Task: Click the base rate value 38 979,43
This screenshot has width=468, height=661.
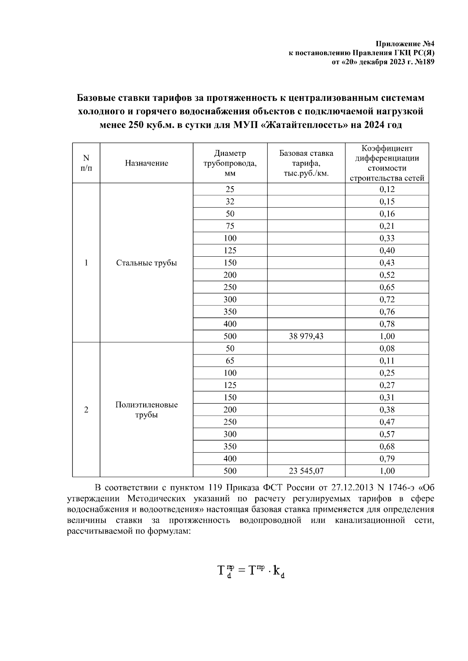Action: coord(306,336)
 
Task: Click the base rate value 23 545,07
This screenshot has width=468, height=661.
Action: coord(306,471)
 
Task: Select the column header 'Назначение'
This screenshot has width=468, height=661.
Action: coord(146,163)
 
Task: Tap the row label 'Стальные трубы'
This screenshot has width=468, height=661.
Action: coord(146,263)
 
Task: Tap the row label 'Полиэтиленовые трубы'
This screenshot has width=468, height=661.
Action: coord(146,410)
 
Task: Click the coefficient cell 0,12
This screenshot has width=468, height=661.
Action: coord(387,189)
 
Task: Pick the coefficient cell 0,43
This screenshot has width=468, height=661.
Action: coord(387,263)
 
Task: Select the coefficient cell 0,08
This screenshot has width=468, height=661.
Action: coord(387,349)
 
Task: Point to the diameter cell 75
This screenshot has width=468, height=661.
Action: coord(230,226)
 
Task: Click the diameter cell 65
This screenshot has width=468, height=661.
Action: coord(230,361)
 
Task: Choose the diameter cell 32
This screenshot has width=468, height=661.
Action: coord(230,201)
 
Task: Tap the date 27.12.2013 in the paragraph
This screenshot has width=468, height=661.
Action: coord(350,488)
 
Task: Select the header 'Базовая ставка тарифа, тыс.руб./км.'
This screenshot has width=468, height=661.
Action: coord(306,163)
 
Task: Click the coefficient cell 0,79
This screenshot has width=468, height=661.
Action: coord(387,459)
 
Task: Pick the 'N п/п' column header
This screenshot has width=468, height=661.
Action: coord(86,163)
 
